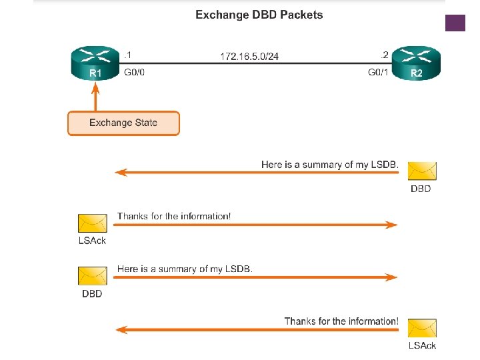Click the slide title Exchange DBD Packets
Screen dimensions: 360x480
(259, 15)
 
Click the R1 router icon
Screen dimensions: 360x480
(95, 63)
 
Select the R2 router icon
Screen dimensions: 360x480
(415, 63)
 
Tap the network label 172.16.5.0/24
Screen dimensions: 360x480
(249, 57)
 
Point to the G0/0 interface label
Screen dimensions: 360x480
(134, 73)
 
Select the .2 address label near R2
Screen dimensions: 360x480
(384, 55)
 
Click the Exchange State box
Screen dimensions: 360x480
(123, 123)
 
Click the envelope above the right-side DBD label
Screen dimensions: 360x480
(421, 171)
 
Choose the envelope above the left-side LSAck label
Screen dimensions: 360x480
(93, 223)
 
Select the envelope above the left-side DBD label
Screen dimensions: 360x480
(93, 276)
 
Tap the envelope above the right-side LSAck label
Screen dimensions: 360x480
(421, 329)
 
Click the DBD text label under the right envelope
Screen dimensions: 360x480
(421, 189)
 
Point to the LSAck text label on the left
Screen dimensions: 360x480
(92, 241)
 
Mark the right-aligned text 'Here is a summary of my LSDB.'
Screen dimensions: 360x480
(330, 164)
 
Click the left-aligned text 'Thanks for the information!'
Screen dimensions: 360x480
(174, 216)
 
